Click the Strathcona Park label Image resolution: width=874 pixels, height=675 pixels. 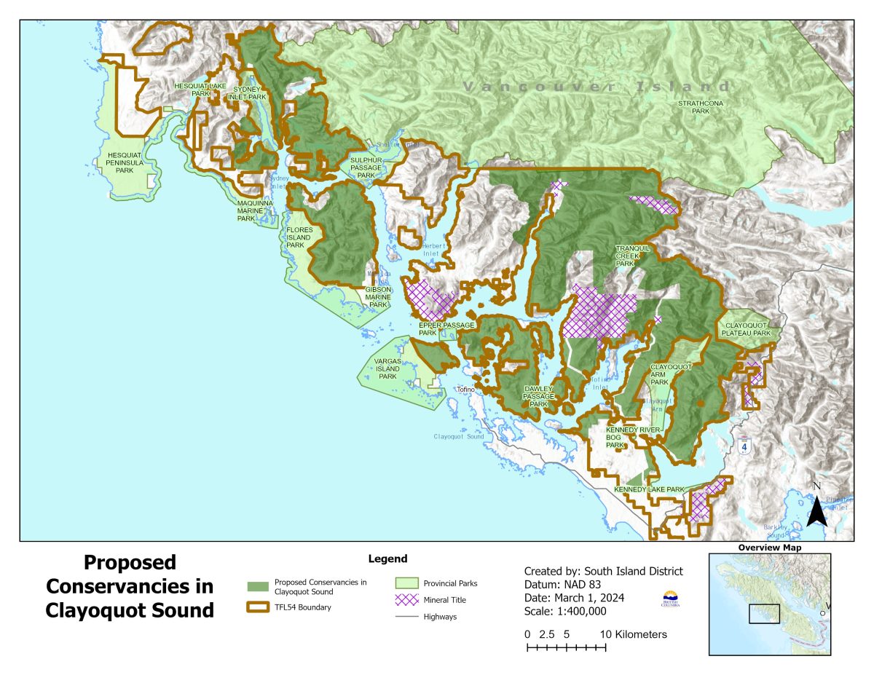click(700, 108)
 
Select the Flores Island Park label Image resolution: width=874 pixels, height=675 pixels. click(299, 237)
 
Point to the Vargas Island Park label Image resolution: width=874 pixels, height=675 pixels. click(387, 368)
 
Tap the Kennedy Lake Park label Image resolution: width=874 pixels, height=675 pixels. click(649, 489)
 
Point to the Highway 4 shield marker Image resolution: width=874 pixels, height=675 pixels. click(744, 446)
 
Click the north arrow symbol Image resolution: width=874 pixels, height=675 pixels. click(816, 510)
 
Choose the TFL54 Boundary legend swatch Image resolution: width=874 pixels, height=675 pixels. click(258, 607)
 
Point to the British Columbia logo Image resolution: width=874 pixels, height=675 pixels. click(670, 599)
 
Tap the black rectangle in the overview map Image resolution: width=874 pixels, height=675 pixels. click(764, 614)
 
